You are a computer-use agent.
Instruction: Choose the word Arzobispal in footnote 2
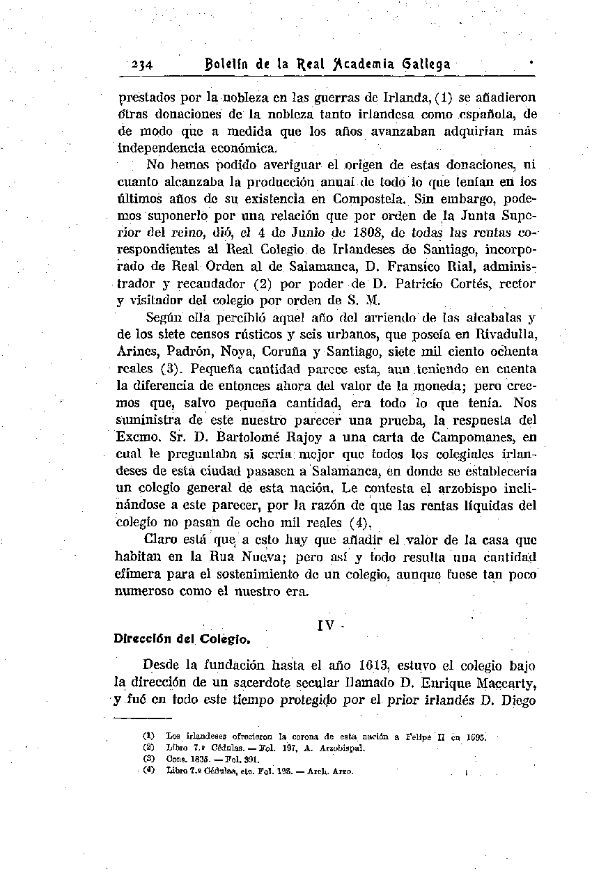click(341, 748)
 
